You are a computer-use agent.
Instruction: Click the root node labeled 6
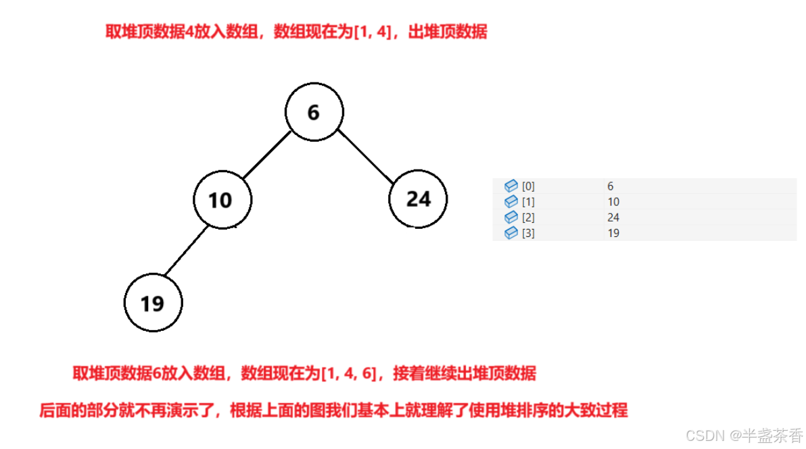pyautogui.click(x=314, y=112)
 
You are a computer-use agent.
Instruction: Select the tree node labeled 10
pyautogui.click(x=222, y=200)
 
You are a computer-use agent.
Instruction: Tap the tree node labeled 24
pyautogui.click(x=418, y=199)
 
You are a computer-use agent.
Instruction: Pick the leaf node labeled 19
pyautogui.click(x=153, y=303)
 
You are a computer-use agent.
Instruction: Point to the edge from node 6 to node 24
pyautogui.click(x=365, y=155)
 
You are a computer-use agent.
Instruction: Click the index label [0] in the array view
pyautogui.click(x=528, y=186)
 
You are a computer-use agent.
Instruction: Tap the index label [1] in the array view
pyautogui.click(x=528, y=202)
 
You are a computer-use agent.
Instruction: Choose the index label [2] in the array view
pyautogui.click(x=528, y=217)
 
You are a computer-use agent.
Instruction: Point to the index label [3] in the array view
pyautogui.click(x=528, y=233)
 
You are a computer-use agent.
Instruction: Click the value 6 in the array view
pyautogui.click(x=611, y=186)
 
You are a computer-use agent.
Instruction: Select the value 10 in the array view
pyautogui.click(x=613, y=202)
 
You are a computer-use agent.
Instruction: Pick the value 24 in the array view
pyautogui.click(x=613, y=217)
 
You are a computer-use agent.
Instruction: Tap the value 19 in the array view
pyautogui.click(x=613, y=233)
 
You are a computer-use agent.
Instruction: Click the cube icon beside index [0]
pyautogui.click(x=511, y=186)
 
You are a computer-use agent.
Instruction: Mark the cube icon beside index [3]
pyautogui.click(x=511, y=233)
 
